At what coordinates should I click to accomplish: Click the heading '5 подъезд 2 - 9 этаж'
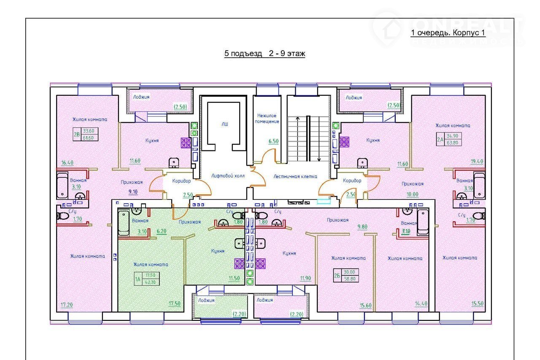point(265,54)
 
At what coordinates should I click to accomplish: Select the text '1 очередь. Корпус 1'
point(448,33)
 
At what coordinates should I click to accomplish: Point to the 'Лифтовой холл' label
point(228,176)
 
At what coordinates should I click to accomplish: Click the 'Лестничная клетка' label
point(295,176)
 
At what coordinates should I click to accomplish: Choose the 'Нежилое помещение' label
point(268,118)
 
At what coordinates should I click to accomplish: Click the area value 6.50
point(273,142)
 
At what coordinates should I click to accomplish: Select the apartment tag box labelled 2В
point(86,134)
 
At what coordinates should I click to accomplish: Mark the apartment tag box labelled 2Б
point(346,275)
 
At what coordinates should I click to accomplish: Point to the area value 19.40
point(477,161)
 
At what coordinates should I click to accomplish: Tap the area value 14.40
point(422,304)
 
